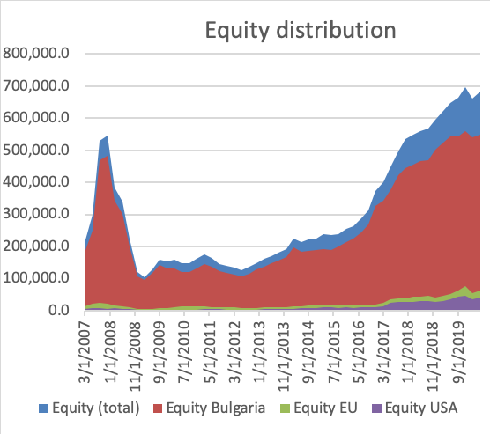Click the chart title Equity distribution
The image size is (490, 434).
pyautogui.click(x=300, y=32)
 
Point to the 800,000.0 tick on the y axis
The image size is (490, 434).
pyautogui.click(x=37, y=54)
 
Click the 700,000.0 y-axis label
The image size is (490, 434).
pyautogui.click(x=37, y=86)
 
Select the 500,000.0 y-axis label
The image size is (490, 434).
pyautogui.click(x=37, y=151)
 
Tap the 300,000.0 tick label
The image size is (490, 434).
pyautogui.click(x=37, y=215)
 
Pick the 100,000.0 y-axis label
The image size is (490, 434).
pyautogui.click(x=37, y=279)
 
